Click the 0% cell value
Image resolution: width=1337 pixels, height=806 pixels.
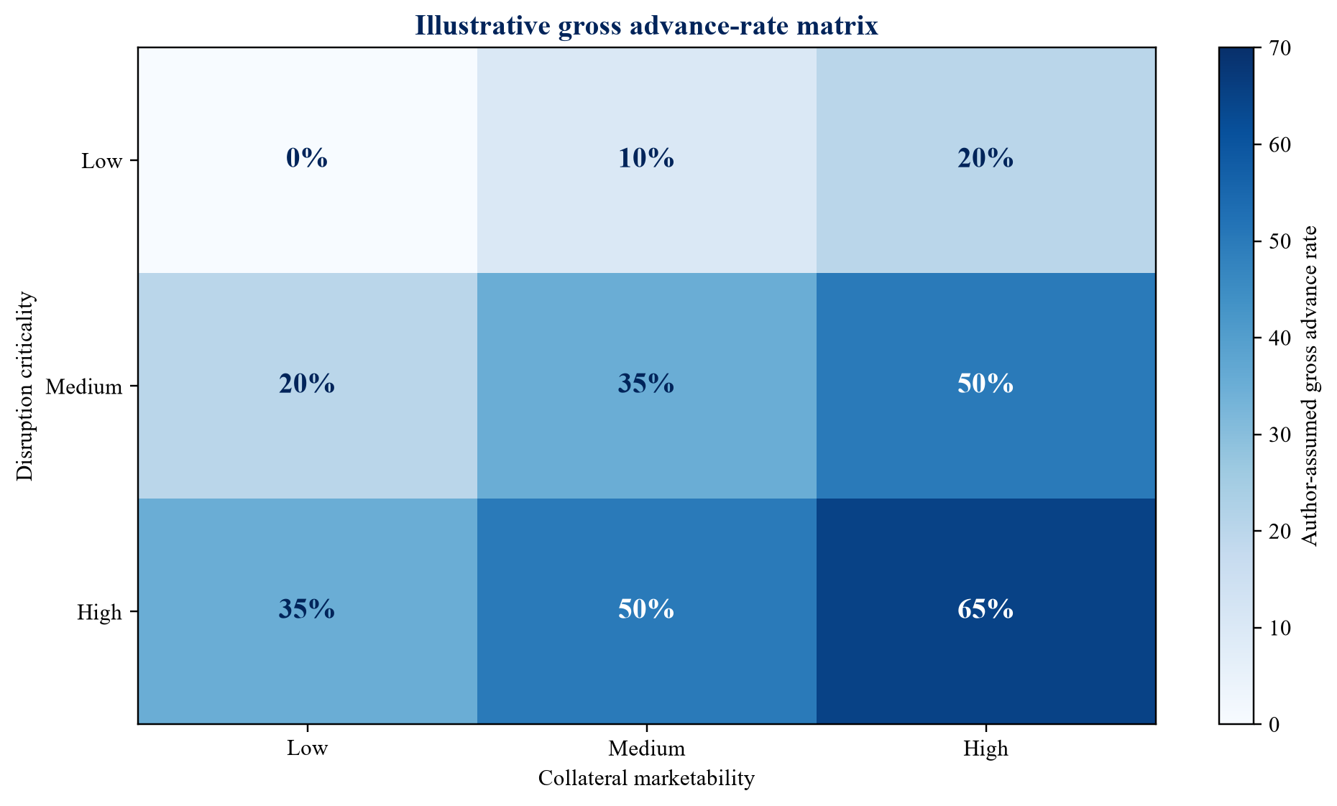tap(307, 159)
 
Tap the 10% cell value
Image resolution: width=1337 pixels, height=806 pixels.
tap(646, 159)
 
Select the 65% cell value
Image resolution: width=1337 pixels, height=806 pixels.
tap(985, 610)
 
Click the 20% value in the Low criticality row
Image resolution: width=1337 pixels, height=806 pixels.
tap(985, 159)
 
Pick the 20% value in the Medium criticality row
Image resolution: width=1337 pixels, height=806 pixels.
tap(307, 384)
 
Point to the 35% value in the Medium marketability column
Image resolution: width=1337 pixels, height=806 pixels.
tap(646, 384)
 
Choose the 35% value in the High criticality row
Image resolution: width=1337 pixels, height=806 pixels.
tap(307, 610)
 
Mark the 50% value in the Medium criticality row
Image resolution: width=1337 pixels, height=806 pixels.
tap(985, 384)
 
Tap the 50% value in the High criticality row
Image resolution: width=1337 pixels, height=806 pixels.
tap(646, 610)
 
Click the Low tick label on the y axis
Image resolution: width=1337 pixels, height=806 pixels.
tap(101, 161)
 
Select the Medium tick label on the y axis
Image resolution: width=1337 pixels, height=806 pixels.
tap(84, 388)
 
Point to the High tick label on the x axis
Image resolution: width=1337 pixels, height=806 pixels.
tap(985, 749)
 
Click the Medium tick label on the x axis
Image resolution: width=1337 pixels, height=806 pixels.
tap(646, 749)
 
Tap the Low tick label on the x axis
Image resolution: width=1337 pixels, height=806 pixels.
tap(307, 749)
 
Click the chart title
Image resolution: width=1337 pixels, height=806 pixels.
tap(646, 26)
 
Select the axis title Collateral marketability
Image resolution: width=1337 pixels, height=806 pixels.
tap(646, 779)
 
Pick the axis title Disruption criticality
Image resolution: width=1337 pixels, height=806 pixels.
tap(25, 385)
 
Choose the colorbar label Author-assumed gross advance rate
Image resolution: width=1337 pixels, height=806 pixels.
tap(1310, 386)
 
